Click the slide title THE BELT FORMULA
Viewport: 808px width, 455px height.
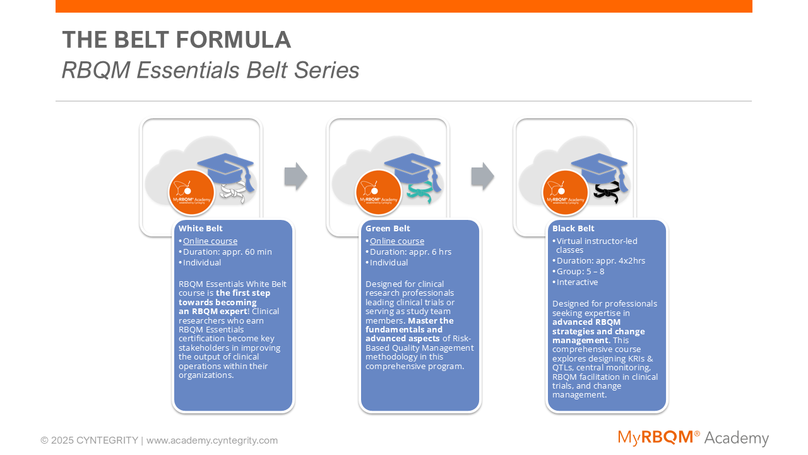pos(176,40)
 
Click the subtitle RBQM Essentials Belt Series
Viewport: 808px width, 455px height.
pos(210,70)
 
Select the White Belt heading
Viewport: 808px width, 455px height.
pos(200,229)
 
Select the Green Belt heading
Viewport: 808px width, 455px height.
pos(388,229)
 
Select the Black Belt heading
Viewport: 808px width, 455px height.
pos(573,229)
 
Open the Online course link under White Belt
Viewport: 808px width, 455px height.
pos(210,241)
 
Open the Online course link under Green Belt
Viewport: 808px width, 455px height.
pos(397,241)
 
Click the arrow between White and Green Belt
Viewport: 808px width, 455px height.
pos(295,176)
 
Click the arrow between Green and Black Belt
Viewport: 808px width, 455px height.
pos(482,176)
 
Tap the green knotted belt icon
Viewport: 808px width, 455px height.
pos(420,192)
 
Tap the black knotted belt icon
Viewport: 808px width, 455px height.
pos(606,192)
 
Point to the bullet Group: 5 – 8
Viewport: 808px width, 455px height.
pos(580,272)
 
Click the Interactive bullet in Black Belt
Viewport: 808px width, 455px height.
pos(577,282)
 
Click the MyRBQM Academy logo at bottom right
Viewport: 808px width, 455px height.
pos(693,438)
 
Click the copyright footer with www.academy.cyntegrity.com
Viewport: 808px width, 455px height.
pos(159,440)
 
